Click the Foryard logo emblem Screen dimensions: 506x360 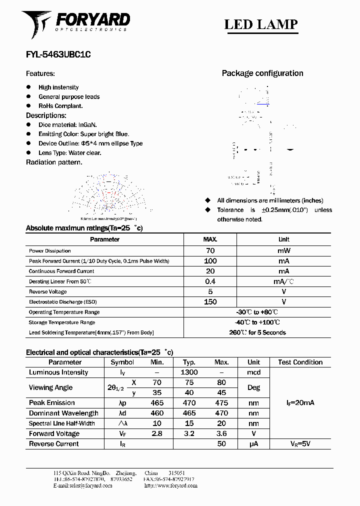pos(36,24)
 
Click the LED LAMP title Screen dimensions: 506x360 pos(260,24)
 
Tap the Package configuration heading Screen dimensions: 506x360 pos(262,73)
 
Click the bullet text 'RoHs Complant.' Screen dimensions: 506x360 pos(60,106)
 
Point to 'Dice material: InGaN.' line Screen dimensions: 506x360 pos(67,125)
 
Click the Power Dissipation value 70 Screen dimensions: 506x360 pos(210,251)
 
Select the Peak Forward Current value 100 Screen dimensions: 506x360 pos(210,261)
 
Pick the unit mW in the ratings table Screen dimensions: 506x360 pos(283,251)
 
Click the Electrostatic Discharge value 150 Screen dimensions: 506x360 pos(210,302)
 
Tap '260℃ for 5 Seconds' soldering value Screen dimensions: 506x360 pos(257,332)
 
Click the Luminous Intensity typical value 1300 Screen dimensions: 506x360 pos(189,372)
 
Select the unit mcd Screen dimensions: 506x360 pos(253,372)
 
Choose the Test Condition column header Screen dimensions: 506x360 pos(300,362)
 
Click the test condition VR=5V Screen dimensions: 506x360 pos(300,444)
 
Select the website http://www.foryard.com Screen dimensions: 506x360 pos(170,485)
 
